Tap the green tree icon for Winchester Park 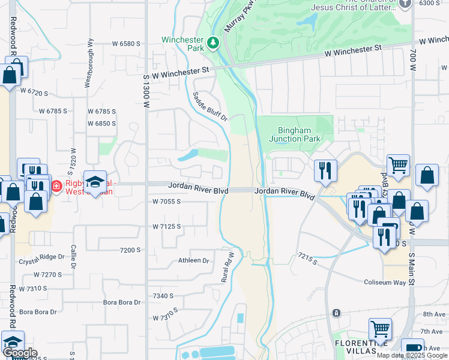[212, 43]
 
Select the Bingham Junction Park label [294, 135]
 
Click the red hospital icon [56, 186]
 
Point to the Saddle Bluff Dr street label [210, 107]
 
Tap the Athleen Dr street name [193, 261]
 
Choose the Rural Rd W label [228, 267]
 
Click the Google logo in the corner [20, 352]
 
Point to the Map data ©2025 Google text [412, 355]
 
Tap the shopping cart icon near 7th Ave [380, 328]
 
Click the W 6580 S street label [125, 44]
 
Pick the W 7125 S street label [166, 226]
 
